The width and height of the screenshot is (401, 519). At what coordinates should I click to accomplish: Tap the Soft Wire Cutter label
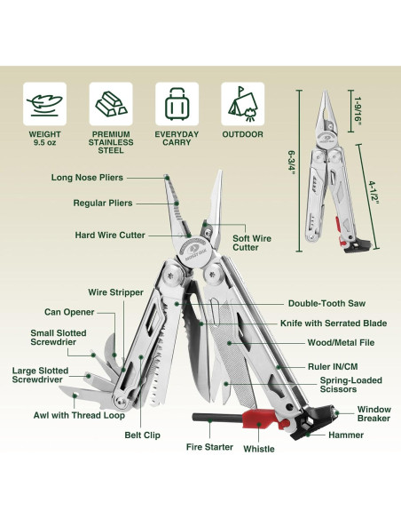tap(246, 242)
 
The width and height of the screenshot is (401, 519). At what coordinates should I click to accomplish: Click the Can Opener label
tap(69, 312)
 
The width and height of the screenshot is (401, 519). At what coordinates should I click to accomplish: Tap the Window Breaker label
tap(373, 413)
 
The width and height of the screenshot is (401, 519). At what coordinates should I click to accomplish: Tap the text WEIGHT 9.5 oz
tap(44, 139)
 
